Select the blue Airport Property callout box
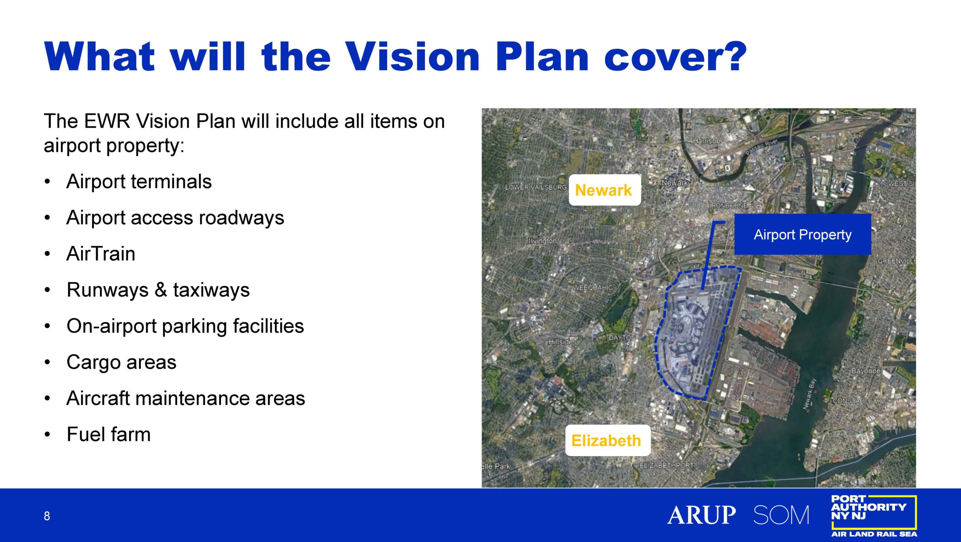click(x=803, y=235)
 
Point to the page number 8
click(x=47, y=516)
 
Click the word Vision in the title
click(x=413, y=56)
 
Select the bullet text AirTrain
click(x=101, y=254)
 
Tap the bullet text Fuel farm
click(x=108, y=434)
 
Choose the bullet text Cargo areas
click(x=121, y=362)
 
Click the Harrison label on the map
click(x=706, y=141)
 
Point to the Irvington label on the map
click(x=542, y=241)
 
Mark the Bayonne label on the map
click(x=866, y=371)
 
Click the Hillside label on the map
click(x=561, y=342)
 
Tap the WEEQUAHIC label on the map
click(x=592, y=288)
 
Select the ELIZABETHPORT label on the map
click(x=667, y=465)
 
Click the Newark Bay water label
click(x=809, y=394)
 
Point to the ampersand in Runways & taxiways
click(x=161, y=290)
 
